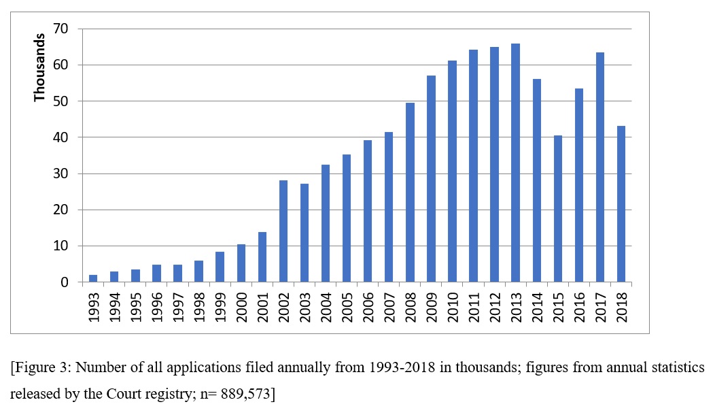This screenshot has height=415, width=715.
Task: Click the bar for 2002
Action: coord(283,231)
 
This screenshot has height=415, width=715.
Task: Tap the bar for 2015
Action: coord(559,209)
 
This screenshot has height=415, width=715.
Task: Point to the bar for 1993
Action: coord(93,278)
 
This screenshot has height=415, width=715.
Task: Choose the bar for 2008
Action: coord(411,193)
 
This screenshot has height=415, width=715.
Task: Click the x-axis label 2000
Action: coord(242,303)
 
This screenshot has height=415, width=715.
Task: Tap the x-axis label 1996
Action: coord(157,303)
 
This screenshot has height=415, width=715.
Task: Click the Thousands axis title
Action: coord(40,67)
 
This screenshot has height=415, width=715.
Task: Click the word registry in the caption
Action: coord(156,395)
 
